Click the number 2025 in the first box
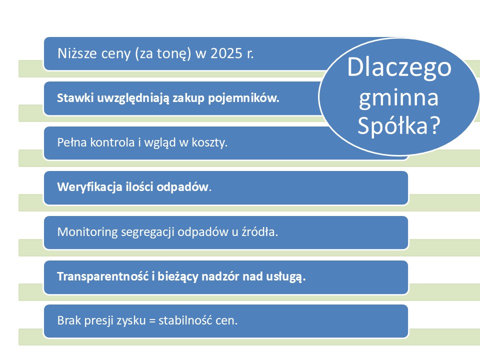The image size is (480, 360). tap(226, 53)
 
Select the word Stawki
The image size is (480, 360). tap(75, 98)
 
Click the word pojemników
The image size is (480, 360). tap(243, 98)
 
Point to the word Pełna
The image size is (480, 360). tap(71, 142)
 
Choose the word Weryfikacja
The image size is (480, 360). tap(89, 187)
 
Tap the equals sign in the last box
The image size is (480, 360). tap(152, 321)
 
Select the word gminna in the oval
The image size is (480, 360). tap(398, 98)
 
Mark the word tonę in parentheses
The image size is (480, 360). tap(171, 54)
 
